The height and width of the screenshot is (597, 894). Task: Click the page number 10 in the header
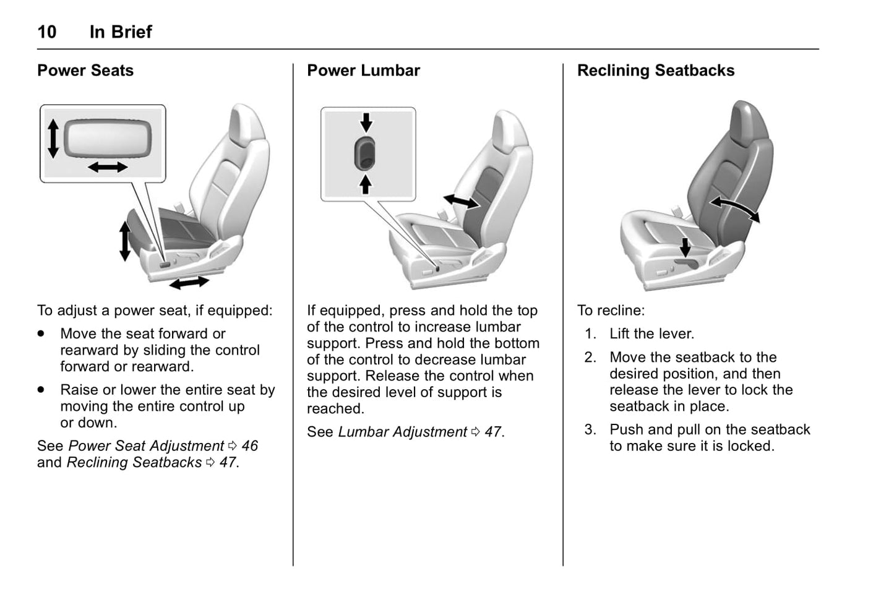47,32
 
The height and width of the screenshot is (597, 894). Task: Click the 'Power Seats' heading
85,71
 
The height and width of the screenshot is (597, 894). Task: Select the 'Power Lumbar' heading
363,71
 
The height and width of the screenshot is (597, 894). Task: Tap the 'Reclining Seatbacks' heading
655,71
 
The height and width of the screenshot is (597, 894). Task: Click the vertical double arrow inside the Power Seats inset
53,139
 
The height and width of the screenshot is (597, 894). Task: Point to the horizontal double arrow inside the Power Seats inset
108,166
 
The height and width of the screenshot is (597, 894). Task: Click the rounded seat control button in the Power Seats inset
107,137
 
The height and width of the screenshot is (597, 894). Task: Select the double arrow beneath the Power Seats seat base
189,283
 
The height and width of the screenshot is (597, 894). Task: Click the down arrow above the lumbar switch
366,122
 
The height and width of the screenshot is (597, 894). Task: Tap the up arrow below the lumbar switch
366,184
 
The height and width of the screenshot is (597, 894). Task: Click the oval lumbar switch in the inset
365,153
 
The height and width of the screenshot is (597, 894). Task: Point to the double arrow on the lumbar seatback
461,202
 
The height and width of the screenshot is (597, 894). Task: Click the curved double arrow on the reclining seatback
734,208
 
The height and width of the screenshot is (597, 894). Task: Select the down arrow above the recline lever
685,247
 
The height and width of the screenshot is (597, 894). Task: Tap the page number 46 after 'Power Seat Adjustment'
249,446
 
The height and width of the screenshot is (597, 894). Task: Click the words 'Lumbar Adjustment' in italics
402,432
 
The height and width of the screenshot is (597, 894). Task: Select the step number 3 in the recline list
590,429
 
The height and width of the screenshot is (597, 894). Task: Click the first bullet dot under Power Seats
41,333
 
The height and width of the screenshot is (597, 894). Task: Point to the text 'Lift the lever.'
651,334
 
